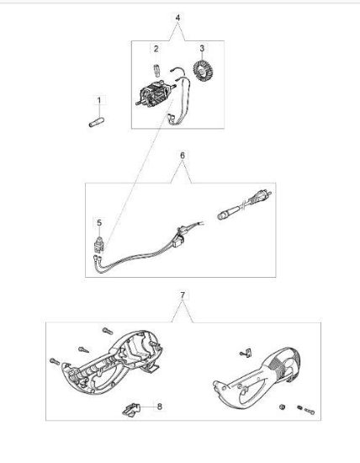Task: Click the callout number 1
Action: (x=99, y=100)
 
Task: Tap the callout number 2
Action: (x=156, y=49)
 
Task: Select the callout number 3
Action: (x=202, y=48)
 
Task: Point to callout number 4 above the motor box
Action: (x=177, y=18)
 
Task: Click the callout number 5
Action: (x=99, y=222)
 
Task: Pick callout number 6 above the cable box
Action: (x=183, y=156)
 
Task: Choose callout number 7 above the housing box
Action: (x=183, y=295)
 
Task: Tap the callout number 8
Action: (x=160, y=407)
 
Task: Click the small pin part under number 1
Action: (x=96, y=122)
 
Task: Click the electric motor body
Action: (x=156, y=93)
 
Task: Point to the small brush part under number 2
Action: (x=157, y=70)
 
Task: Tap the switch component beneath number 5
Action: (x=99, y=245)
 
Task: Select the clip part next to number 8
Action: (x=131, y=410)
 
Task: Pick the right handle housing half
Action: (x=257, y=378)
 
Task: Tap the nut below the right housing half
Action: (x=282, y=407)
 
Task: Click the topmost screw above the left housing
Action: (x=108, y=332)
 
